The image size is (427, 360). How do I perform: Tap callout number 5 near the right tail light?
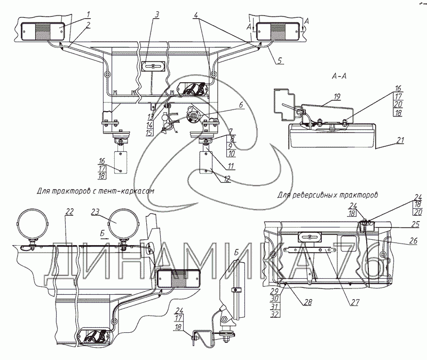[279, 60]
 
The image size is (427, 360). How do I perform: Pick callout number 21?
[401, 140]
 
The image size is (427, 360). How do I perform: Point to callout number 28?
[309, 302]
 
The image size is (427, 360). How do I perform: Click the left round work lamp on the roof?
[33, 225]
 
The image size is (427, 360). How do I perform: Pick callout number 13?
[151, 117]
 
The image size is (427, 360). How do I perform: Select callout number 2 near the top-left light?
[88, 25]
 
